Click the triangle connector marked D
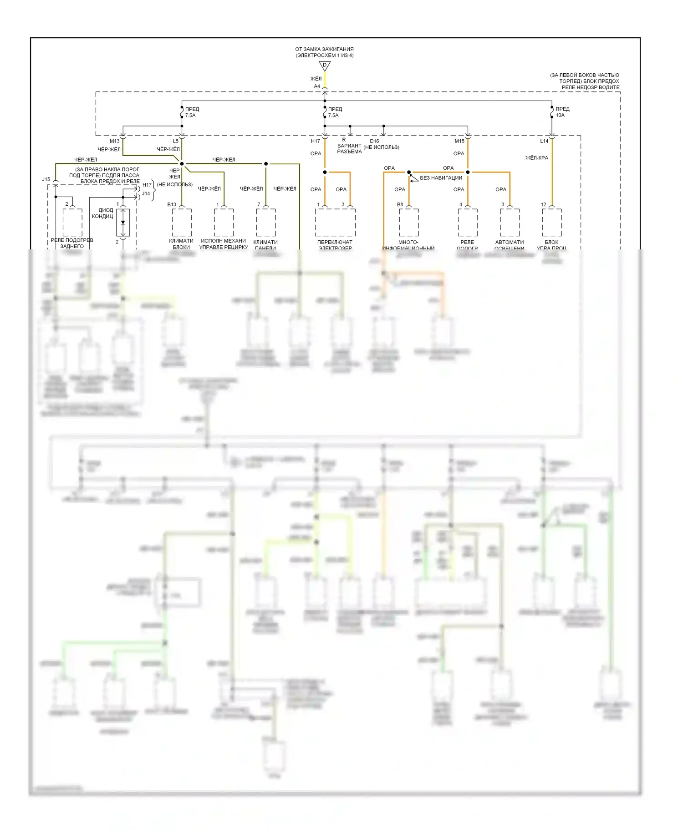[x=325, y=66]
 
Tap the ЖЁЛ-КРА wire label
[x=537, y=158]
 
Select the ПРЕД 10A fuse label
[x=562, y=112]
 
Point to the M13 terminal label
[x=115, y=141]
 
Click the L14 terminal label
[x=544, y=141]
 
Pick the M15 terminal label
[x=459, y=141]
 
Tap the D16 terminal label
[x=374, y=141]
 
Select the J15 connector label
[x=46, y=179]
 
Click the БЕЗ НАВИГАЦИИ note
[x=441, y=178]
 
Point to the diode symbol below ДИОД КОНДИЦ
[x=123, y=223]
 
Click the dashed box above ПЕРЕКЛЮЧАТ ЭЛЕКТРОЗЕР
[x=335, y=223]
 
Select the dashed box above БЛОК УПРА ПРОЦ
[x=551, y=223]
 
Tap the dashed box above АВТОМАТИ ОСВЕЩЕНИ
[x=510, y=223]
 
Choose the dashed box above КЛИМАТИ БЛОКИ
[x=182, y=223]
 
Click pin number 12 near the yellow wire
[x=543, y=204]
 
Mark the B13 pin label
[x=172, y=204]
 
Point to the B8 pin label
[x=400, y=204]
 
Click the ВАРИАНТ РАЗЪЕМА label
[x=349, y=149]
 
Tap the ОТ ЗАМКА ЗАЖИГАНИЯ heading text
[x=324, y=49]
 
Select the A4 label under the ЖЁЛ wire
[x=317, y=86]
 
